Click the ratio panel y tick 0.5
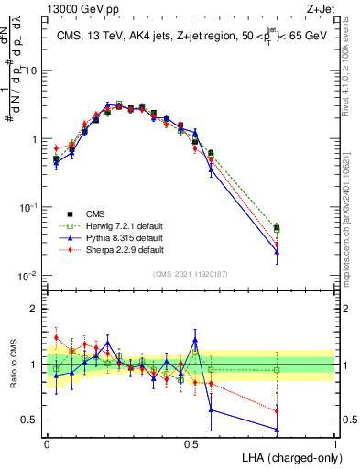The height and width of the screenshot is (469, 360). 28,420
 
